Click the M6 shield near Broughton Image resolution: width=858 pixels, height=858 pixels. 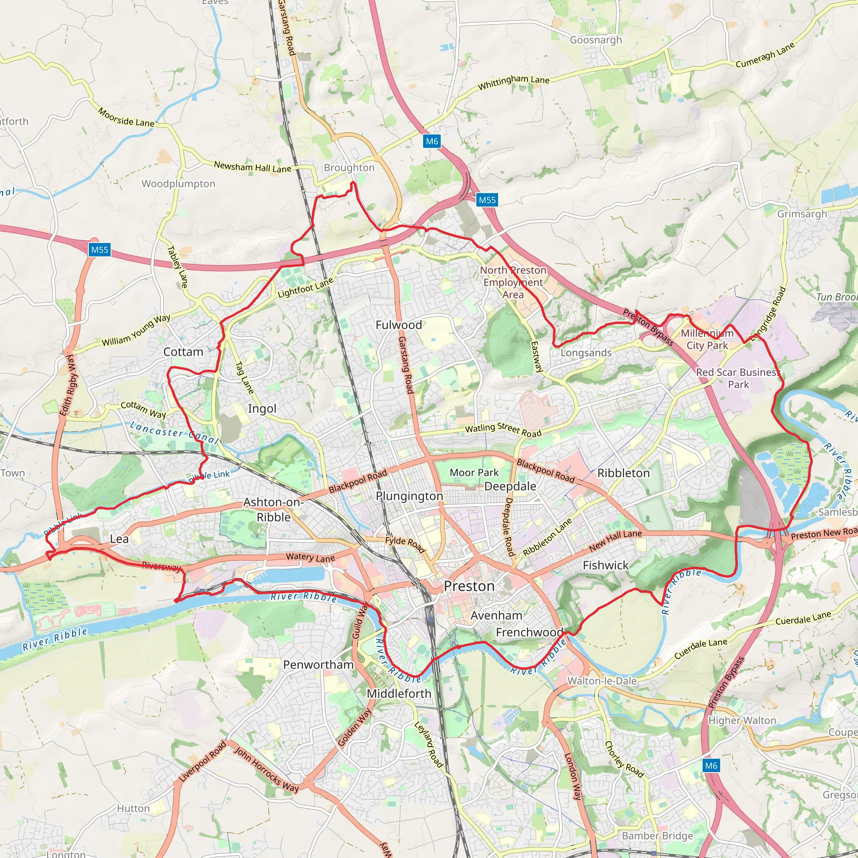pyautogui.click(x=431, y=141)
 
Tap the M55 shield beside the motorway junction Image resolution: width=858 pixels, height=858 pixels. pyautogui.click(x=487, y=200)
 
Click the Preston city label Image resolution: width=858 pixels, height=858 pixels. pyautogui.click(x=469, y=586)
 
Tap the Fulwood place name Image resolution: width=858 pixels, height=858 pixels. pyautogui.click(x=398, y=325)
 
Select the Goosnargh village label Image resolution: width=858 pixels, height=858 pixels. pyautogui.click(x=596, y=40)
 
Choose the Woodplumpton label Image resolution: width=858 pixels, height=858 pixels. pyautogui.click(x=178, y=184)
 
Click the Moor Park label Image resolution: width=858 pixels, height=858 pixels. pyautogui.click(x=474, y=473)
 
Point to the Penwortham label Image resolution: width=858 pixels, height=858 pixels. pyautogui.click(x=318, y=665)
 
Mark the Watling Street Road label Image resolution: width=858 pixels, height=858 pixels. pyautogui.click(x=503, y=429)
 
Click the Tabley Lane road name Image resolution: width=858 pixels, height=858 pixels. pyautogui.click(x=178, y=266)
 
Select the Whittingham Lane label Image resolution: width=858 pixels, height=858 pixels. pyautogui.click(x=513, y=82)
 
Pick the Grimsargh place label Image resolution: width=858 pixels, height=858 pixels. pyautogui.click(x=801, y=214)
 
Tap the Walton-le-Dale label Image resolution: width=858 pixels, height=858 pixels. pyautogui.click(x=602, y=681)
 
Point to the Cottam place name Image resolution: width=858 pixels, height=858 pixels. pyautogui.click(x=183, y=352)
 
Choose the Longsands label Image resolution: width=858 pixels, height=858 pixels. pyautogui.click(x=586, y=353)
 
